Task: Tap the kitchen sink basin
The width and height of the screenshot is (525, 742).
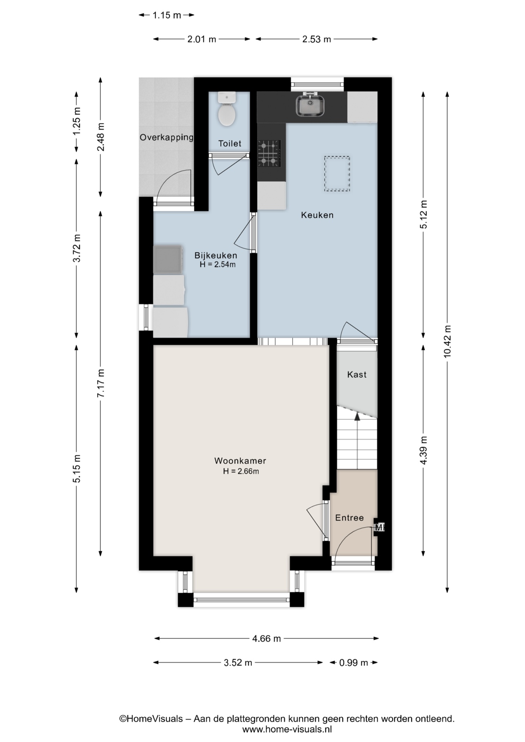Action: point(310,106)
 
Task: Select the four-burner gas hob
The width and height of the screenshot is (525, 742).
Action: point(269,153)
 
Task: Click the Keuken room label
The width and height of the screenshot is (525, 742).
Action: point(317,215)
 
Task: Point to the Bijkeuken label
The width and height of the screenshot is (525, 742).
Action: point(216,255)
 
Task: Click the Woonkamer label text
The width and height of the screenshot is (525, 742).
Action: point(240,461)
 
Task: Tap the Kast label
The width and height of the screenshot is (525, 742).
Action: point(356,374)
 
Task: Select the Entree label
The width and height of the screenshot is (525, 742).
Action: point(349,518)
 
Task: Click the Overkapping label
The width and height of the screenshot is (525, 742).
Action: point(166,138)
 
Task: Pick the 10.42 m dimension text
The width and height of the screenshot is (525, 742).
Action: point(447,341)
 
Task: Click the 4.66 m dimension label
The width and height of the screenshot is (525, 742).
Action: point(266,638)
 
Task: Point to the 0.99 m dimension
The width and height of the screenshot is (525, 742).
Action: point(353,663)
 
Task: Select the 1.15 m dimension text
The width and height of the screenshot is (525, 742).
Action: point(167,15)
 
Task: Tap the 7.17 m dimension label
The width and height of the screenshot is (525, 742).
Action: point(101,383)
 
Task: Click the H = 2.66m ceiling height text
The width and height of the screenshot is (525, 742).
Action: point(240,471)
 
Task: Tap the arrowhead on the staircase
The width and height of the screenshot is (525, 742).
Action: point(357,416)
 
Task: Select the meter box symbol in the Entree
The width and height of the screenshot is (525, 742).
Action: point(379,527)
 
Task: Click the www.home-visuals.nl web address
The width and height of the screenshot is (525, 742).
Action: point(286,729)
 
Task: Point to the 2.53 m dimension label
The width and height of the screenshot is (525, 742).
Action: point(316,39)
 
